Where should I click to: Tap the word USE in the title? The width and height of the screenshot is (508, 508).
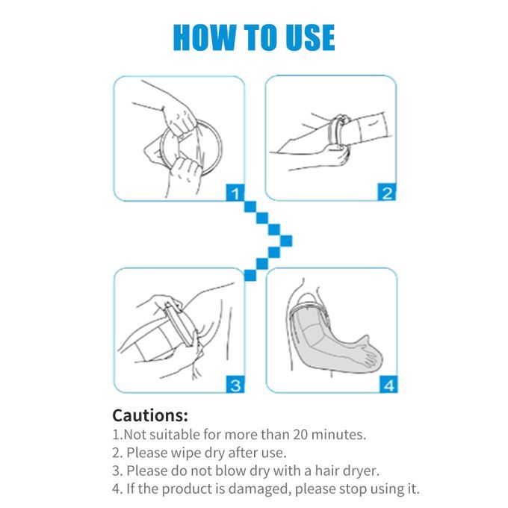pos(310,37)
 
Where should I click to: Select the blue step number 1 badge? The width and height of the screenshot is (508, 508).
pos(235,193)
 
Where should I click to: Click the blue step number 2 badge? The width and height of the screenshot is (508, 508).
pos(386,192)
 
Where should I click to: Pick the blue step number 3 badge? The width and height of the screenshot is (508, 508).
pos(235,384)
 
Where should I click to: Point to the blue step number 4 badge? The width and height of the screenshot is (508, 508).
pos(388,384)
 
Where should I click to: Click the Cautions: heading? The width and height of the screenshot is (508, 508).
pos(150,415)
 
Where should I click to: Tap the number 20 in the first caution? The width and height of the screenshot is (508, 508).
pos(300,435)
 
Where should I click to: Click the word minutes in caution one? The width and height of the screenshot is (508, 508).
pos(338,435)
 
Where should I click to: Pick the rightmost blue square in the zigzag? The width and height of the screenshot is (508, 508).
pos(285,241)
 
